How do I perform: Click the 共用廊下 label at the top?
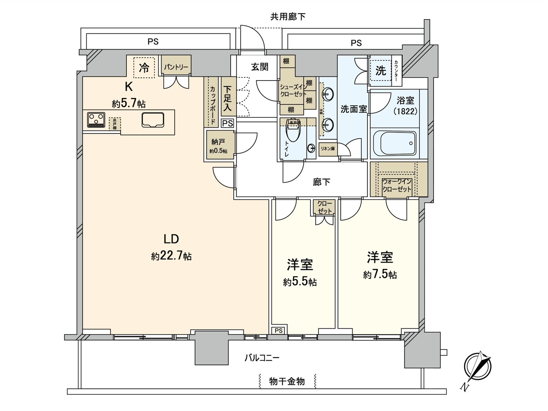(288, 16)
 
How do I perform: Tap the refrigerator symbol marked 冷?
(144, 67)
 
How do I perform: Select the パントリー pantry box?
(176, 67)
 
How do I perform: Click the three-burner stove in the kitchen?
(96, 120)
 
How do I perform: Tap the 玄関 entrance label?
(259, 67)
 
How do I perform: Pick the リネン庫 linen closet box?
(328, 149)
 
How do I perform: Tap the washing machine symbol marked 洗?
(381, 71)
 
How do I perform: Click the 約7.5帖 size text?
(380, 275)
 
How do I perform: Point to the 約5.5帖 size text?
(300, 282)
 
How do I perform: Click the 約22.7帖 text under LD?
(171, 256)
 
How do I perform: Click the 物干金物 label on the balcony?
(287, 381)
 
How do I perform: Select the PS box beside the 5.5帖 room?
(279, 331)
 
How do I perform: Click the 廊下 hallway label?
(321, 182)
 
